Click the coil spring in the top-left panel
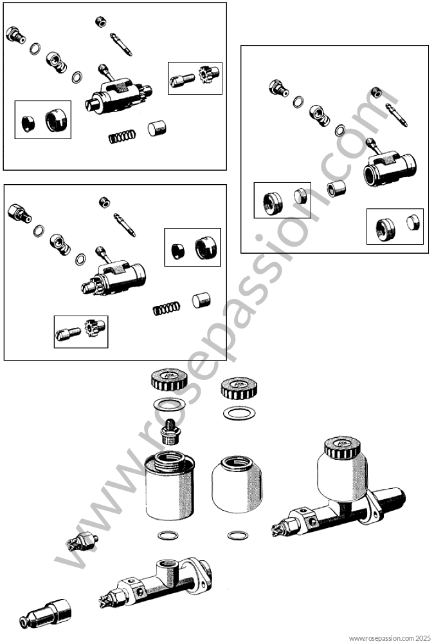click(122, 136)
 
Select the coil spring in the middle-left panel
click(166, 308)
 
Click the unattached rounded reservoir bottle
click(237, 484)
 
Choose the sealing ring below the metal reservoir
click(168, 536)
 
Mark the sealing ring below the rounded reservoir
click(237, 536)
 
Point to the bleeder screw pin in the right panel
click(397, 115)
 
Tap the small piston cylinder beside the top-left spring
click(157, 128)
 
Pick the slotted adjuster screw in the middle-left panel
click(68, 332)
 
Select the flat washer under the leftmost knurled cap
click(169, 405)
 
